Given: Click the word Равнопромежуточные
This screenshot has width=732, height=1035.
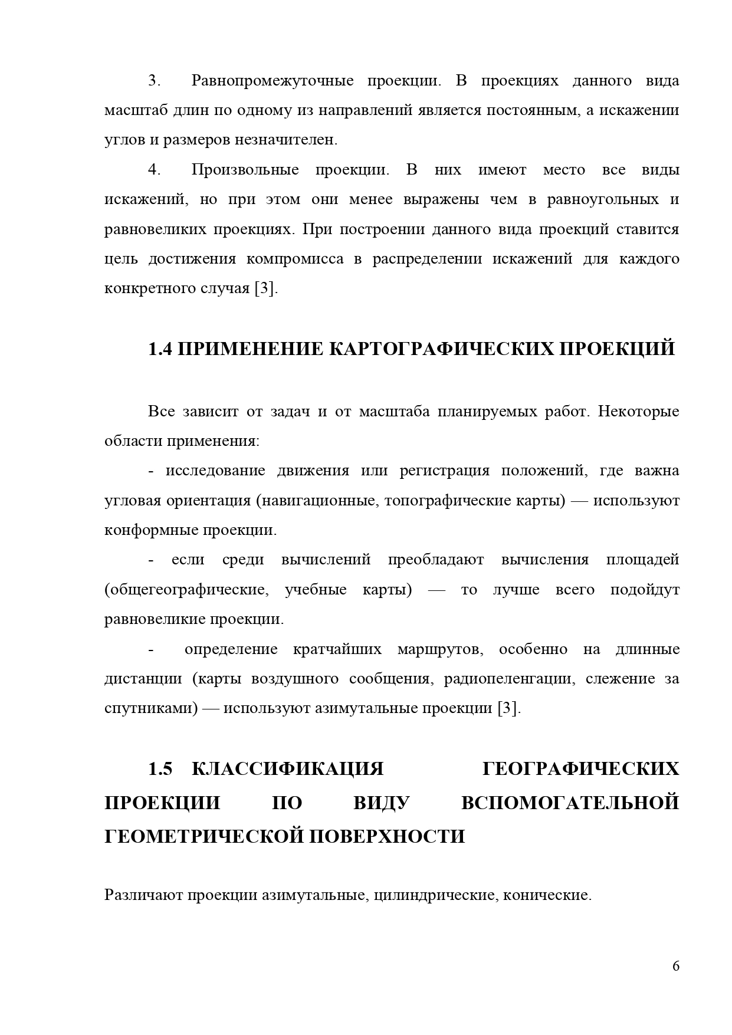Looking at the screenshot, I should [x=272, y=81].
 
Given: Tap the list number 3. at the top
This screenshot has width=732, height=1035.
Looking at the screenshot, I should [x=155, y=81].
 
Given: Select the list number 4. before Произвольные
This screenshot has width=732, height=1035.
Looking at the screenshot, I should [x=155, y=170].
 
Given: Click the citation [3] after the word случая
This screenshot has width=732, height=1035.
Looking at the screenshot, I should [x=264, y=289].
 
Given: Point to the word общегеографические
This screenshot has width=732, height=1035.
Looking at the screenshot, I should [x=187, y=590].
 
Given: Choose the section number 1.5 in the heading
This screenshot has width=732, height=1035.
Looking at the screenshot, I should [x=159, y=769].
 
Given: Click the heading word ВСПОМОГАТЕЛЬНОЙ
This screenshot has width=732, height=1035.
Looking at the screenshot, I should [x=570, y=803].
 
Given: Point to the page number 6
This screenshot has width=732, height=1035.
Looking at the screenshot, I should [x=676, y=966].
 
